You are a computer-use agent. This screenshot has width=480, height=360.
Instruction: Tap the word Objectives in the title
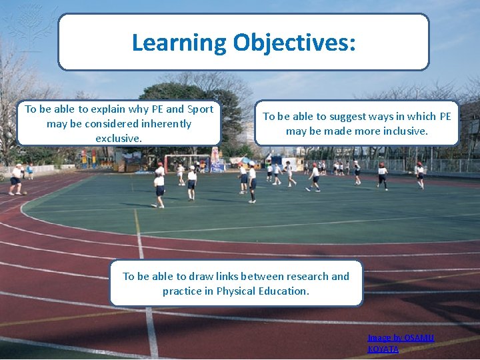(x=294, y=42)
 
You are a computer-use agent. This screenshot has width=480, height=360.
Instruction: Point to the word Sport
(x=199, y=109)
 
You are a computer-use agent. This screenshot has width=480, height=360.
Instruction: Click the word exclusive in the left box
(x=119, y=138)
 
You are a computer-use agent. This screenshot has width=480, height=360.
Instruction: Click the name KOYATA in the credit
(x=383, y=349)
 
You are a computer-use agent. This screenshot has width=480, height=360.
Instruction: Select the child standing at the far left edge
(x=15, y=179)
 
